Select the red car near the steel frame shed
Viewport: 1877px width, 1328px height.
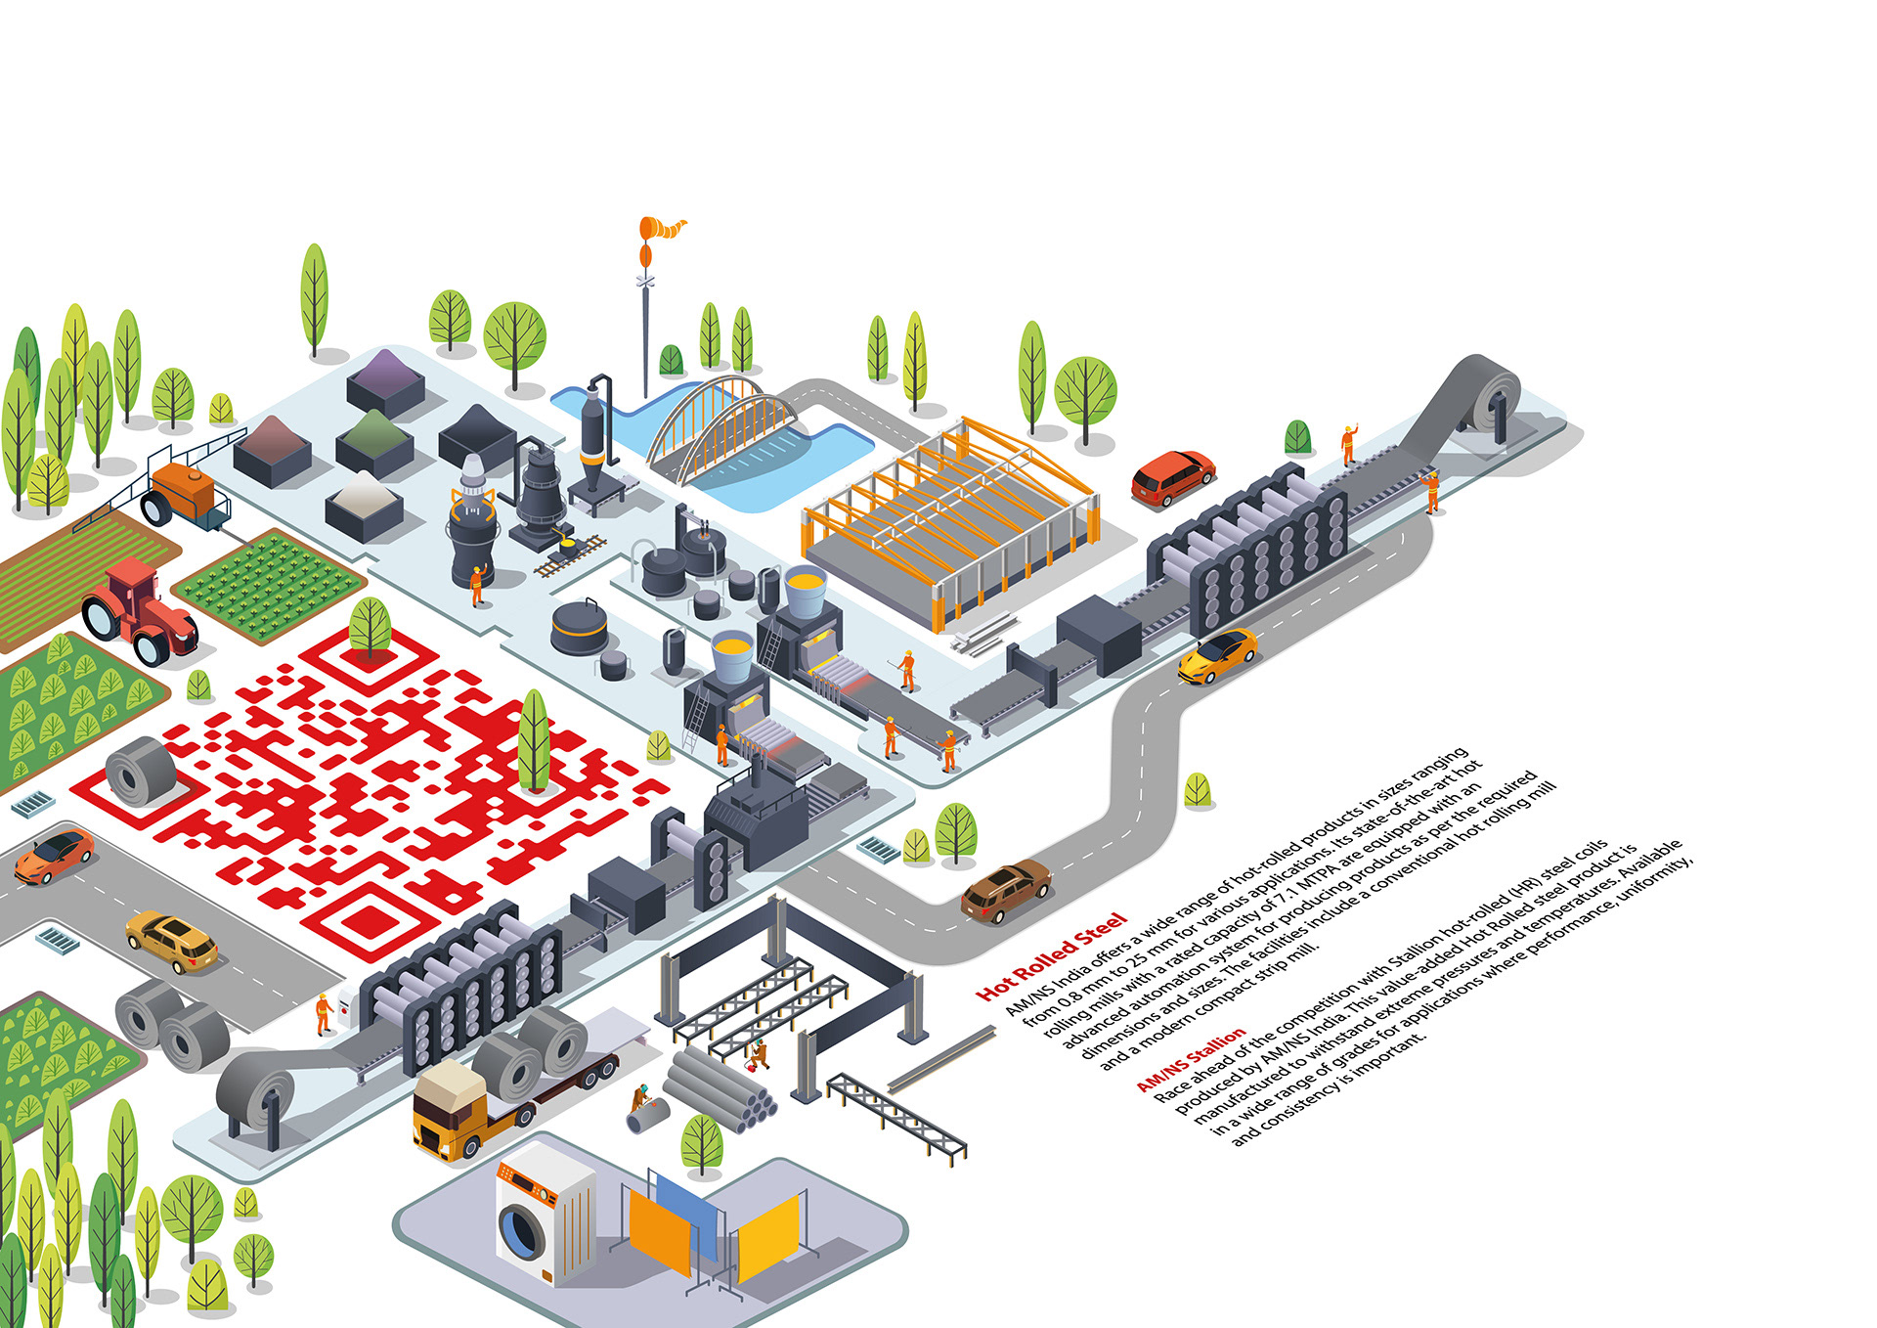coord(1172,477)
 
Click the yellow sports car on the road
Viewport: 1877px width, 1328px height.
coord(1216,654)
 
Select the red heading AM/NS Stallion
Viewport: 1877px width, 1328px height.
coord(1191,1058)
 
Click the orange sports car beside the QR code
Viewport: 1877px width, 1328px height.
coord(54,855)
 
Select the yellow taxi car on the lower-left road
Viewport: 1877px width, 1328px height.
coord(172,940)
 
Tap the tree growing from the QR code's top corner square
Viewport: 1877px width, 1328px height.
coord(370,627)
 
